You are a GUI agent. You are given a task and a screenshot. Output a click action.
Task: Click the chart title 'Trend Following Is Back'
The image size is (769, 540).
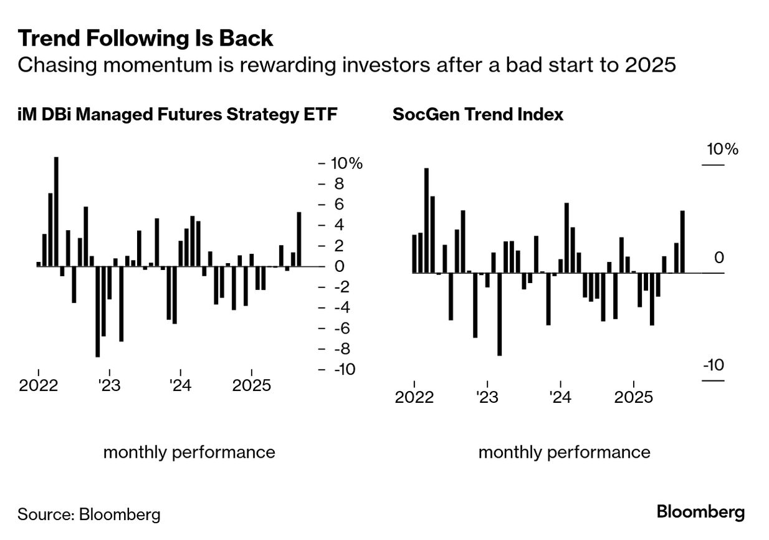click(145, 39)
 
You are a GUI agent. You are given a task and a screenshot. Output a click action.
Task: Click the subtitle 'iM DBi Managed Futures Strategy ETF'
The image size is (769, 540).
click(178, 115)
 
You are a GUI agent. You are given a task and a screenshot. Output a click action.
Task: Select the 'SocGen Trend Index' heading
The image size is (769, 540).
click(477, 115)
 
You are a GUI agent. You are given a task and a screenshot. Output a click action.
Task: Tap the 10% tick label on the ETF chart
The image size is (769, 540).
click(346, 163)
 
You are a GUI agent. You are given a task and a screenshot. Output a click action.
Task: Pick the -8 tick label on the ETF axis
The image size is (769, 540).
click(342, 349)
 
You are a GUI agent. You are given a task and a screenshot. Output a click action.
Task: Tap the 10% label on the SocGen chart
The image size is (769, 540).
click(722, 150)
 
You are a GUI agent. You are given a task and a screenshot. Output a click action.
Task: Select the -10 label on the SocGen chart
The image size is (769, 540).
click(714, 365)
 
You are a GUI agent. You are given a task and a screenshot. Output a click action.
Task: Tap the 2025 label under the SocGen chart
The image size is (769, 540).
click(633, 397)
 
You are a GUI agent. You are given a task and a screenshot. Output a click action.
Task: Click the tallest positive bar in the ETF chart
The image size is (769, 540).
click(56, 211)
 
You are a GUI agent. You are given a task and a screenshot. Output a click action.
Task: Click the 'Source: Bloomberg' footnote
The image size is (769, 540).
click(89, 514)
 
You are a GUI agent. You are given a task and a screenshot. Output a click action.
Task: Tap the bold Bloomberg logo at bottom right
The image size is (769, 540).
click(700, 513)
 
